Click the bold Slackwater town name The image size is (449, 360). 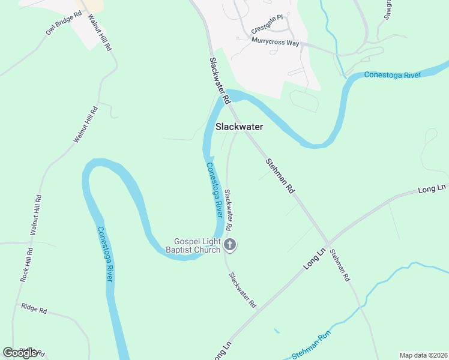tap(239, 127)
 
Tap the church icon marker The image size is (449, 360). tap(230, 244)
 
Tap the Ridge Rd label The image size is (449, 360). tap(34, 308)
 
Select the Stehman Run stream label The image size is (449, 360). tap(312, 351)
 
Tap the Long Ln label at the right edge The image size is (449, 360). tap(433, 188)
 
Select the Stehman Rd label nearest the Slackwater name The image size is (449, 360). tap(280, 176)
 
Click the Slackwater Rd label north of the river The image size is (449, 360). tap(219, 81)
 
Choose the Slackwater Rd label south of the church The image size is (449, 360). tap(243, 290)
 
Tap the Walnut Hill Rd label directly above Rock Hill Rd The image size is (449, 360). tap(35, 215)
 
